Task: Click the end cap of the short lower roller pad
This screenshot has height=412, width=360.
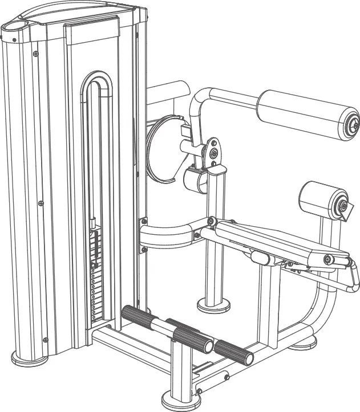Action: (342, 206)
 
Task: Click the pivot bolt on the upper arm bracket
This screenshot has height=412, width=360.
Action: (213, 153)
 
